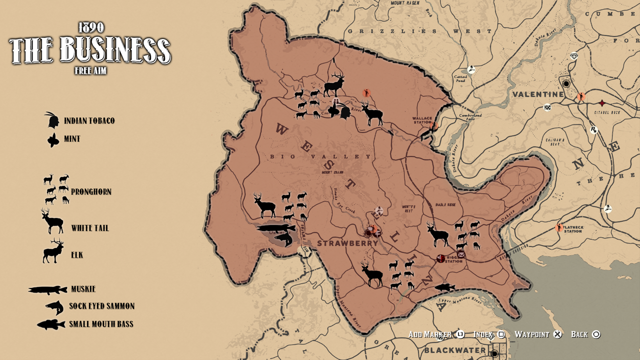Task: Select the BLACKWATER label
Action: pyautogui.click(x=454, y=350)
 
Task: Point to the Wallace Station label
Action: pyautogui.click(x=421, y=120)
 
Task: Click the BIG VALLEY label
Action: pyautogui.click(x=321, y=156)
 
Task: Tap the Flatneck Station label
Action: pyautogui.click(x=572, y=229)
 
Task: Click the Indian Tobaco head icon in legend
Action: pyautogui.click(x=51, y=120)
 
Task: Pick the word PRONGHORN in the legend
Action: pyautogui.click(x=91, y=192)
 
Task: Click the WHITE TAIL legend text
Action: pyautogui.click(x=90, y=228)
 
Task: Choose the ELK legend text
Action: pyautogui.click(x=77, y=255)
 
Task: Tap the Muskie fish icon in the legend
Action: pyautogui.click(x=47, y=289)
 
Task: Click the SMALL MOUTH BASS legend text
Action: pyautogui.click(x=101, y=324)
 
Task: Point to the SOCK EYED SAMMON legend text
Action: pyautogui.click(x=101, y=306)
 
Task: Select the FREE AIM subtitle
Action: pyautogui.click(x=90, y=71)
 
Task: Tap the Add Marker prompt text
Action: pyautogui.click(x=430, y=334)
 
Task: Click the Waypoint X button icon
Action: pyautogui.click(x=558, y=334)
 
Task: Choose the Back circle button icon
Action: pyautogui.click(x=596, y=334)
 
